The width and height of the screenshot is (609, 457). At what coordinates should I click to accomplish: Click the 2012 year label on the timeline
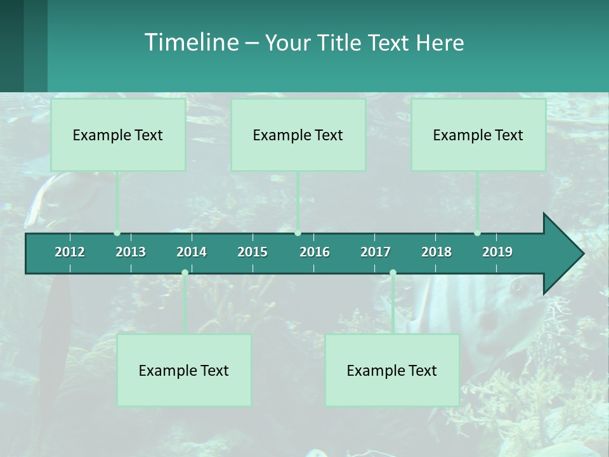[x=70, y=252]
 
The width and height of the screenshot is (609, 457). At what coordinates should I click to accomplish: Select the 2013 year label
[x=131, y=252]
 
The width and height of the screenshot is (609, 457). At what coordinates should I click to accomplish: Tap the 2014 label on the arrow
[x=192, y=252]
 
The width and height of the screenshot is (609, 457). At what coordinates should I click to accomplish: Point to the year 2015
[x=252, y=252]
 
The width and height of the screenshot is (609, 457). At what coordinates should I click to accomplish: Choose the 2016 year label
[x=315, y=252]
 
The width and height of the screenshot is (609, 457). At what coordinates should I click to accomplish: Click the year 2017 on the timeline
[x=376, y=252]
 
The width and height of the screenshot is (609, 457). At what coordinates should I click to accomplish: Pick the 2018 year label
[x=436, y=252]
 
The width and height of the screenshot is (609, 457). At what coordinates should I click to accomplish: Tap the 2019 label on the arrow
[x=497, y=252]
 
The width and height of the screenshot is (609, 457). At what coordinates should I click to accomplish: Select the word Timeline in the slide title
[x=190, y=43]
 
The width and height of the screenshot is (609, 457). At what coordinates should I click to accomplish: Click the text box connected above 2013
[x=118, y=135]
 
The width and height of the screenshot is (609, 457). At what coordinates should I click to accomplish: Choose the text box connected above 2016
[x=298, y=135]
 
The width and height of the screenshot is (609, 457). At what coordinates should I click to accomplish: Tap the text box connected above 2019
[x=478, y=135]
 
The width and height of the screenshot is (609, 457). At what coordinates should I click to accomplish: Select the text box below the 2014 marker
[x=184, y=370]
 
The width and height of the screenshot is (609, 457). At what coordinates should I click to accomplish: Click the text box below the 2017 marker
[x=392, y=370]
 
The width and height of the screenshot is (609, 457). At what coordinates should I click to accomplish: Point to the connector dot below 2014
[x=185, y=273]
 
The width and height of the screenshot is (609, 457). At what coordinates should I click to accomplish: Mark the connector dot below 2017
[x=393, y=273]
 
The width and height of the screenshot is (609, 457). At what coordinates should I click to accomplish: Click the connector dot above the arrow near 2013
[x=117, y=233]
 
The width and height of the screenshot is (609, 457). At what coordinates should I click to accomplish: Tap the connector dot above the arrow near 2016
[x=298, y=233]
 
